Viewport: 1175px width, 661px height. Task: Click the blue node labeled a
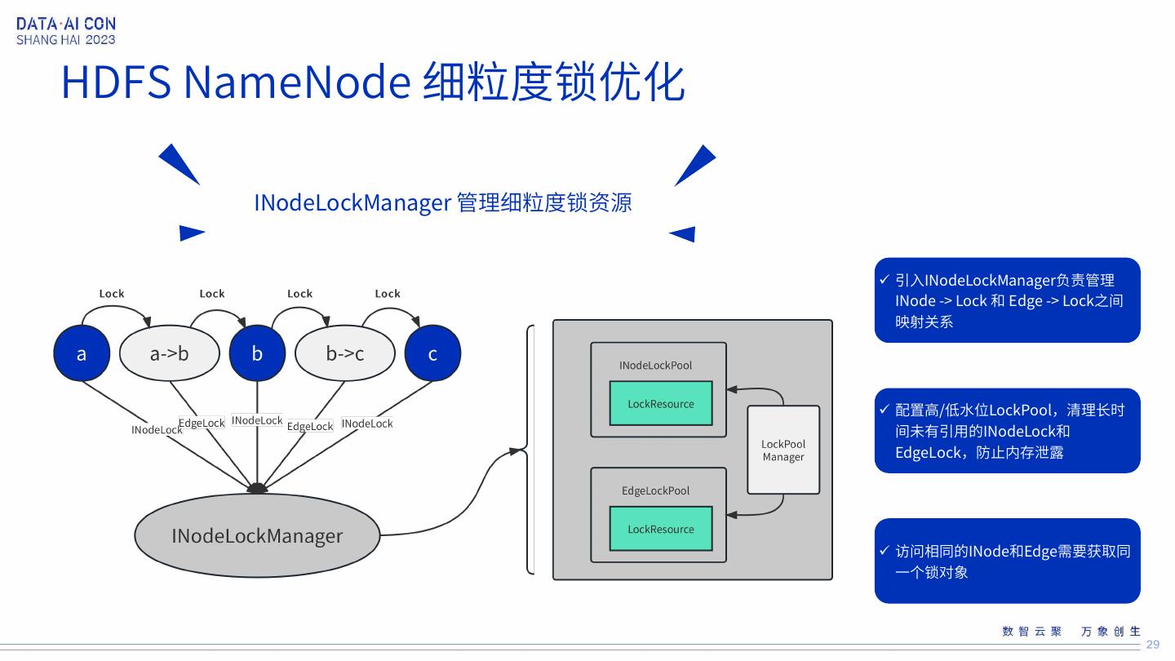tap(82, 353)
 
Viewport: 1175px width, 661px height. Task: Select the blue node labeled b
tap(257, 353)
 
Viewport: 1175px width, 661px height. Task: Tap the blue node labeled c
tap(432, 353)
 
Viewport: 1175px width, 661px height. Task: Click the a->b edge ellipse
tap(170, 353)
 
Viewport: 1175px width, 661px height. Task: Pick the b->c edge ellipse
tap(344, 353)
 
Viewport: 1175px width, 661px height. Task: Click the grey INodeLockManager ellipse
tap(257, 535)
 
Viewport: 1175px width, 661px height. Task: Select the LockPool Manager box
tap(783, 450)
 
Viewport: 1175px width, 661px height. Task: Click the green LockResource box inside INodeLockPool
tap(660, 403)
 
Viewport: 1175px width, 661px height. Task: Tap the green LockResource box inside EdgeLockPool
tap(660, 529)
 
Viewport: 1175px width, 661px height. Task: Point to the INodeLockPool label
tap(655, 365)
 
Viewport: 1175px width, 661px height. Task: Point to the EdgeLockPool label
tap(655, 490)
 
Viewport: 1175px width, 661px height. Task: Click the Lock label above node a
tap(112, 293)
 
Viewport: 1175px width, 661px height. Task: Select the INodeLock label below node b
tap(257, 420)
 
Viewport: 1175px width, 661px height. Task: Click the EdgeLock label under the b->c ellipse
tap(310, 426)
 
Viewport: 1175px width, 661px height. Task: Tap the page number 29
tap(1152, 644)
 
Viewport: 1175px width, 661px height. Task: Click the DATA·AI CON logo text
tap(66, 24)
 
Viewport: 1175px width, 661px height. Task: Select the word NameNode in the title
tap(297, 82)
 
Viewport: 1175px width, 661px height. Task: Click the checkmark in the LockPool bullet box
tap(885, 409)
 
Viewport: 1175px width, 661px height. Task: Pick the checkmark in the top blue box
tap(885, 279)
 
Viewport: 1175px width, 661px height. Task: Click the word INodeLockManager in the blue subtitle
tap(352, 203)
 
